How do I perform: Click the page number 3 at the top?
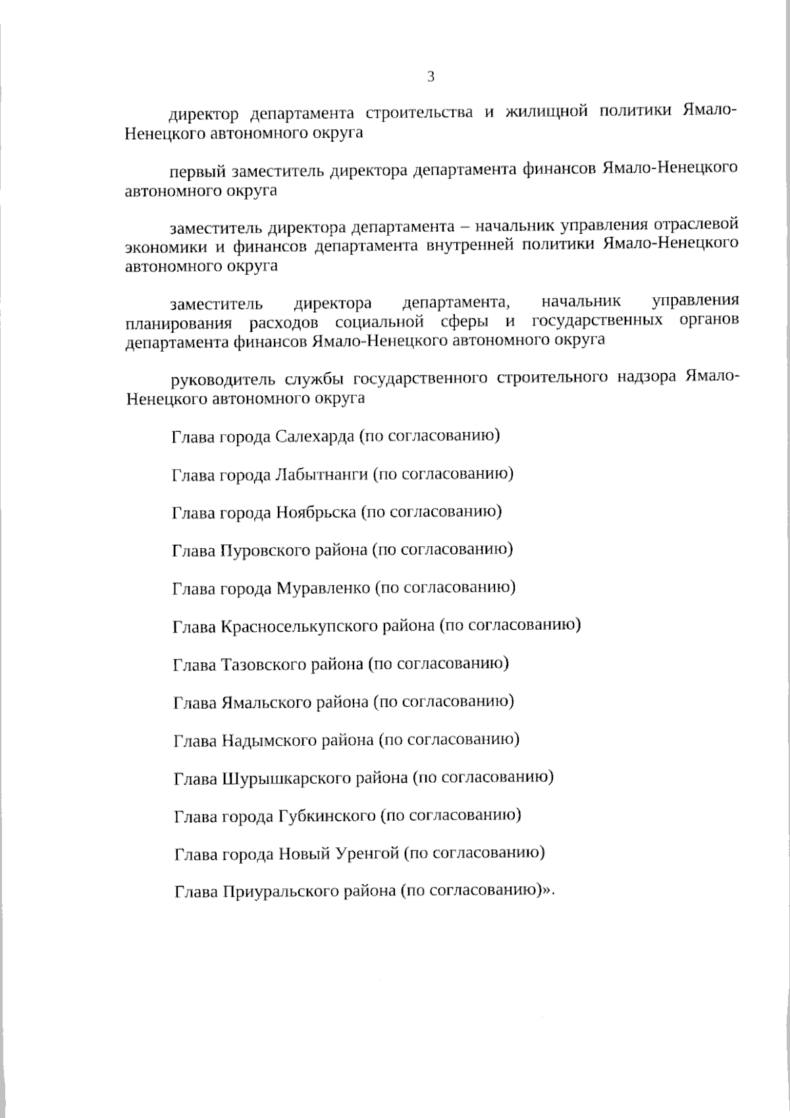point(431,77)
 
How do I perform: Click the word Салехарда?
point(315,437)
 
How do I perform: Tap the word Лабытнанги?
point(321,474)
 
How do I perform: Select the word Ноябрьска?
point(316,512)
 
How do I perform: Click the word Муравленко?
point(323,587)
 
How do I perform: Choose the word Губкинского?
point(327,816)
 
